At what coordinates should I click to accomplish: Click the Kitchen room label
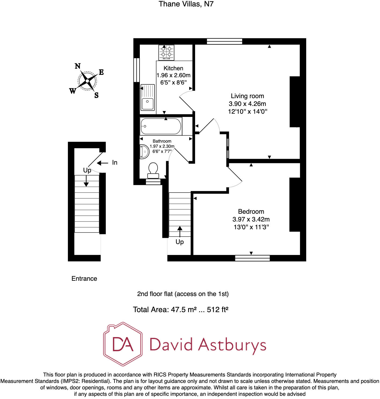tap(173, 68)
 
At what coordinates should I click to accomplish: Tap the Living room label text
tap(247, 96)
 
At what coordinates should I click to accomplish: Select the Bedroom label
tap(251, 212)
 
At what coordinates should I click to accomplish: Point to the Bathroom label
tap(162, 141)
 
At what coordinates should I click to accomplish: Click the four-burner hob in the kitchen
tap(166, 53)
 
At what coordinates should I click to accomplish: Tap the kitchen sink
tap(148, 97)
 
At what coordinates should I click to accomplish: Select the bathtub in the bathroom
tap(161, 126)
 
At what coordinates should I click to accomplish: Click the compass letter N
tap(78, 66)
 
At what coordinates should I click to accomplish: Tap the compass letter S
tap(96, 95)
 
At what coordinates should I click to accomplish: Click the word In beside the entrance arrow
tap(115, 162)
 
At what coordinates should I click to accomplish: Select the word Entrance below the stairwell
tap(84, 279)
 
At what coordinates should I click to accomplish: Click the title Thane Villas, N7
tap(186, 4)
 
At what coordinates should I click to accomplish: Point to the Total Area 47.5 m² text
tap(181, 310)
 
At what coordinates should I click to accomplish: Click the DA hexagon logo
tap(123, 344)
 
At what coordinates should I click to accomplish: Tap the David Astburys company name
tap(208, 345)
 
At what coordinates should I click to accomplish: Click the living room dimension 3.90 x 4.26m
tap(247, 104)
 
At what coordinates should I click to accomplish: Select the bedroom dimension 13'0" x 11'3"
tap(251, 227)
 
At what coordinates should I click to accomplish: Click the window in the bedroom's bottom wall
tap(252, 258)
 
